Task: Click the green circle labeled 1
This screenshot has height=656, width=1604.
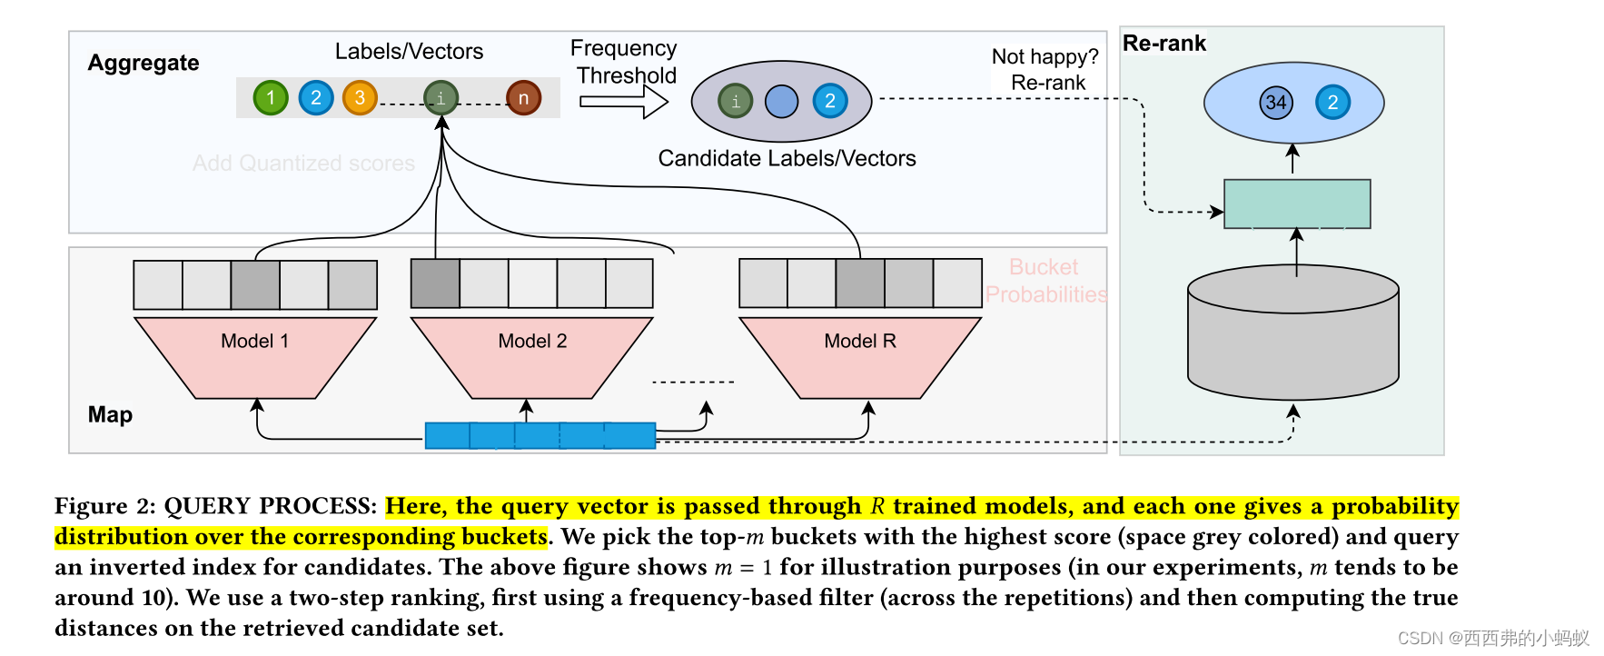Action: pyautogui.click(x=270, y=97)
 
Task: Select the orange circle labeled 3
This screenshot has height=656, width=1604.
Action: pyautogui.click(x=360, y=97)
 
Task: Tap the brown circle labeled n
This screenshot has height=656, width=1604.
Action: pyautogui.click(x=523, y=98)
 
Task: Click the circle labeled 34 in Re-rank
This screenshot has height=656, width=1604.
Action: pyautogui.click(x=1275, y=102)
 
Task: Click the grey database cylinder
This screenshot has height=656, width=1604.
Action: pyautogui.click(x=1292, y=336)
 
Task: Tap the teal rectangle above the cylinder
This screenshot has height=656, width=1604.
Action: pyautogui.click(x=1296, y=204)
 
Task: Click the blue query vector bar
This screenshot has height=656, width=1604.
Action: pyautogui.click(x=540, y=435)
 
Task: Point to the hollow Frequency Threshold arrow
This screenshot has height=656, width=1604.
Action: pyautogui.click(x=623, y=102)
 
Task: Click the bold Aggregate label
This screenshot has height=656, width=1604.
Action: pyautogui.click(x=144, y=63)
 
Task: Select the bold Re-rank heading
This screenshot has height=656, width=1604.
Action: pyautogui.click(x=1163, y=43)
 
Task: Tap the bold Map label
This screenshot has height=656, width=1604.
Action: pyautogui.click(x=110, y=414)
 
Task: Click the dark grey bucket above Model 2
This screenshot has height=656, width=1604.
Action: pyautogui.click(x=435, y=283)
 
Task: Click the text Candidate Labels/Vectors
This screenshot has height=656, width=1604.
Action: pyautogui.click(x=787, y=158)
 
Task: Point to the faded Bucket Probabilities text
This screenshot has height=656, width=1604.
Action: pyautogui.click(x=1045, y=281)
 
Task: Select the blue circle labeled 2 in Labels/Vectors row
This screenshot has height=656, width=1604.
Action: pyautogui.click(x=315, y=97)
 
